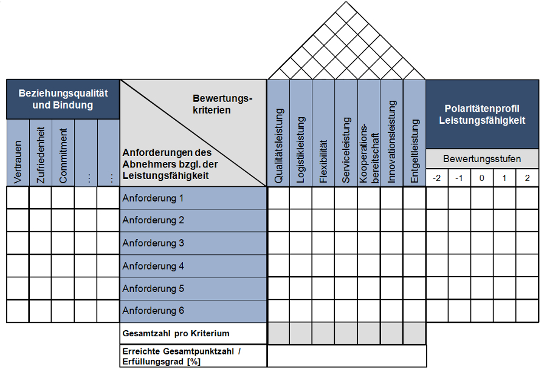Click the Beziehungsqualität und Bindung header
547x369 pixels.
tap(63, 99)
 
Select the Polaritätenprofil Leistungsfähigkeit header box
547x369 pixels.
tap(482, 114)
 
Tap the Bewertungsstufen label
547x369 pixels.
tap(482, 159)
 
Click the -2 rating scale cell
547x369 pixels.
tap(437, 178)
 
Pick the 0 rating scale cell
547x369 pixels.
tap(482, 178)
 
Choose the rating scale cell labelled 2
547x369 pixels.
tap(527, 178)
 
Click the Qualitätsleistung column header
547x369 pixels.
tap(279, 146)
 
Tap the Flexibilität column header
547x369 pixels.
tap(324, 146)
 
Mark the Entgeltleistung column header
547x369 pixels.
tap(415, 146)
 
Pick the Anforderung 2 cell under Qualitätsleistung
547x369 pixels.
tap(279, 220)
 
